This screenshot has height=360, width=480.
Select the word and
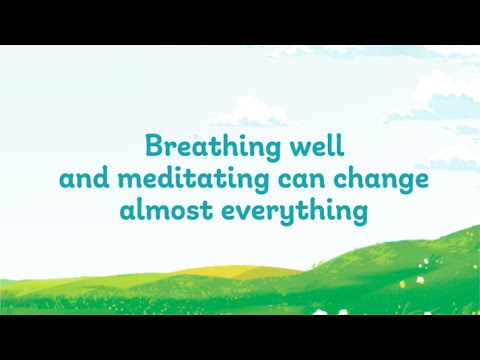pos(83,180)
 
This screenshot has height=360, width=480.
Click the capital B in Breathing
pos(154,146)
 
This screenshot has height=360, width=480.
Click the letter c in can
pos(276,183)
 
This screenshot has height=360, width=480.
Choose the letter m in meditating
pos(125,183)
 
